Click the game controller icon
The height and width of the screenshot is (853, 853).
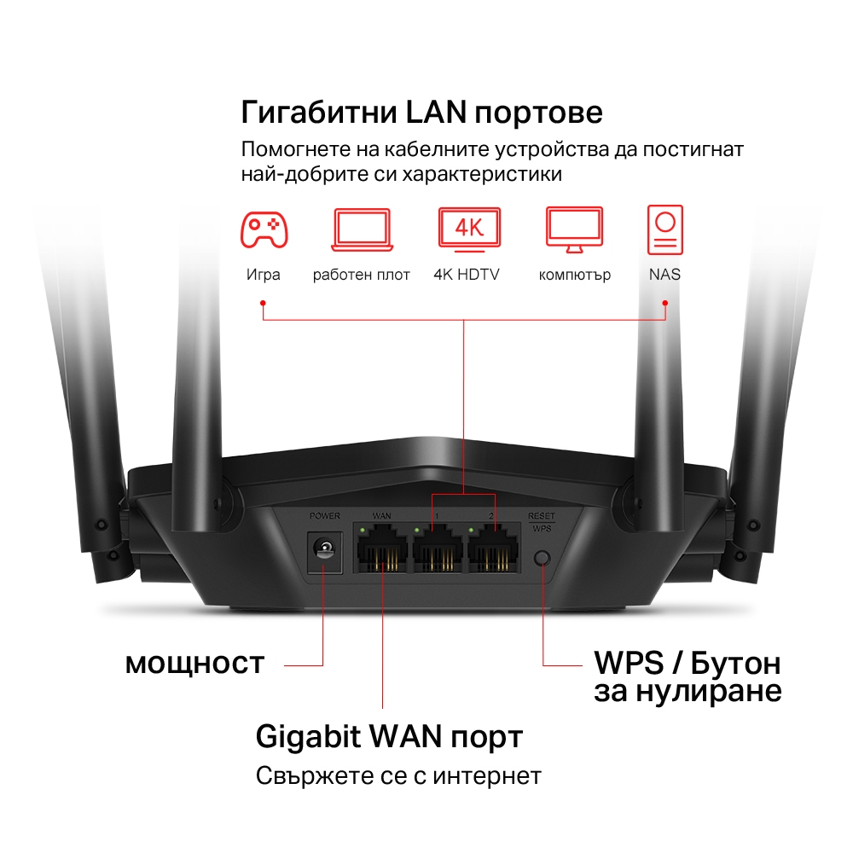(264, 229)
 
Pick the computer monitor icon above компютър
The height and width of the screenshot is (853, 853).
(574, 229)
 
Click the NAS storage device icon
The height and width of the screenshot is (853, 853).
(664, 229)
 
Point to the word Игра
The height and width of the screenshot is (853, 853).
(263, 275)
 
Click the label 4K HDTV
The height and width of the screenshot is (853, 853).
(466, 275)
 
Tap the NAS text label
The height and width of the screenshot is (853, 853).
(664, 275)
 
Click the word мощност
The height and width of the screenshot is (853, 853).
(195, 664)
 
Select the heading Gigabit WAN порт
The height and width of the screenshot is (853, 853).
(389, 736)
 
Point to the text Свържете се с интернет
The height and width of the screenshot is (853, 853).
(398, 776)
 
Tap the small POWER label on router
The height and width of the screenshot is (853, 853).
(324, 516)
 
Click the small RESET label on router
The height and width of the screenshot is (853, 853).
(541, 516)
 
